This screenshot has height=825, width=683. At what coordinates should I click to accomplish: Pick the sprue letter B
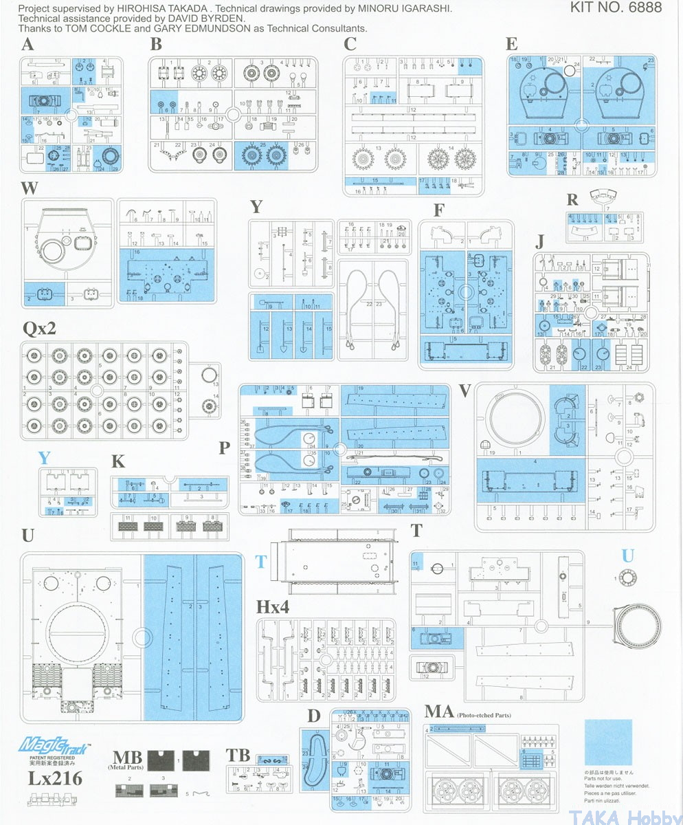coord(156,45)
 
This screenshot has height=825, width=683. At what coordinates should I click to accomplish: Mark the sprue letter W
coord(29,188)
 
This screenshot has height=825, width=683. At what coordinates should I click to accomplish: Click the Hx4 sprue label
coord(273,607)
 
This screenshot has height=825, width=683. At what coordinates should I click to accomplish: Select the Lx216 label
coord(55,778)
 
